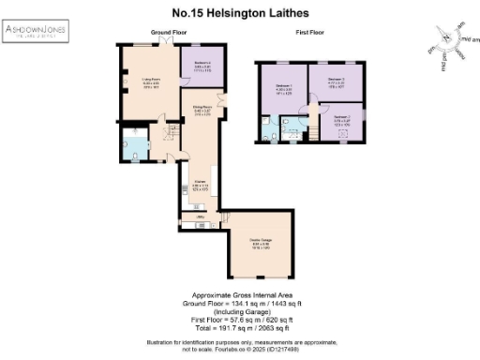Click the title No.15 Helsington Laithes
pyautogui.click(x=239, y=14)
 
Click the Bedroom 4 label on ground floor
pyautogui.click(x=202, y=66)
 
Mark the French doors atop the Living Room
pyautogui.click(x=166, y=42)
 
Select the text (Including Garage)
pyautogui.click(x=239, y=311)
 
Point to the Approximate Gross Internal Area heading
pyautogui.click(x=239, y=293)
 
